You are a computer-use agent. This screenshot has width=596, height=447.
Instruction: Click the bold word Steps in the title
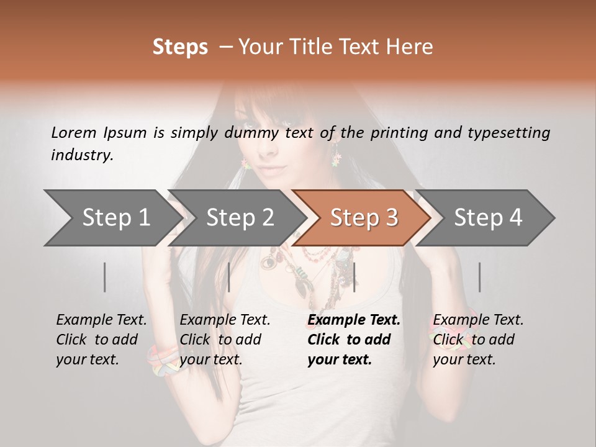point(180,47)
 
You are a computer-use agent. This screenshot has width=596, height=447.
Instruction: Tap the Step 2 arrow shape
point(240,218)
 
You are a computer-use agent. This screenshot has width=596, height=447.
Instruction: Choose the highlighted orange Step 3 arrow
point(364,218)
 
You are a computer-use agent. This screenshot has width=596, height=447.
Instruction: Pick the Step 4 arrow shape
point(488,218)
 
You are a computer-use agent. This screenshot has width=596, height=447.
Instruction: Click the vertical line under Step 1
point(105,277)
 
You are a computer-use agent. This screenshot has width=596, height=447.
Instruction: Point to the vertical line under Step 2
point(229,277)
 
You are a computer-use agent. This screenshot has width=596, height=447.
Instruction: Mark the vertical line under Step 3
point(354,277)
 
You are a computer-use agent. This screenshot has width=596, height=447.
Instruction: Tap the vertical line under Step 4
point(479,277)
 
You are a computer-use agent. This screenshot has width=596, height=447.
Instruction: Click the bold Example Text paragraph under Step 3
point(353,340)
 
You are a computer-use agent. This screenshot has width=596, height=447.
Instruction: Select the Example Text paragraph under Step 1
point(101,340)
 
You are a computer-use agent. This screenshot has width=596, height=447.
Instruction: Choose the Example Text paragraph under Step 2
point(225,340)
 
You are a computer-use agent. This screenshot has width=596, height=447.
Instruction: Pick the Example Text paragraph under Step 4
point(477,340)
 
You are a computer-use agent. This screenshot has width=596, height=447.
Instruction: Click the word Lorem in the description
point(74,132)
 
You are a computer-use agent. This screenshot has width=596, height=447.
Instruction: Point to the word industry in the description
point(82,155)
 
